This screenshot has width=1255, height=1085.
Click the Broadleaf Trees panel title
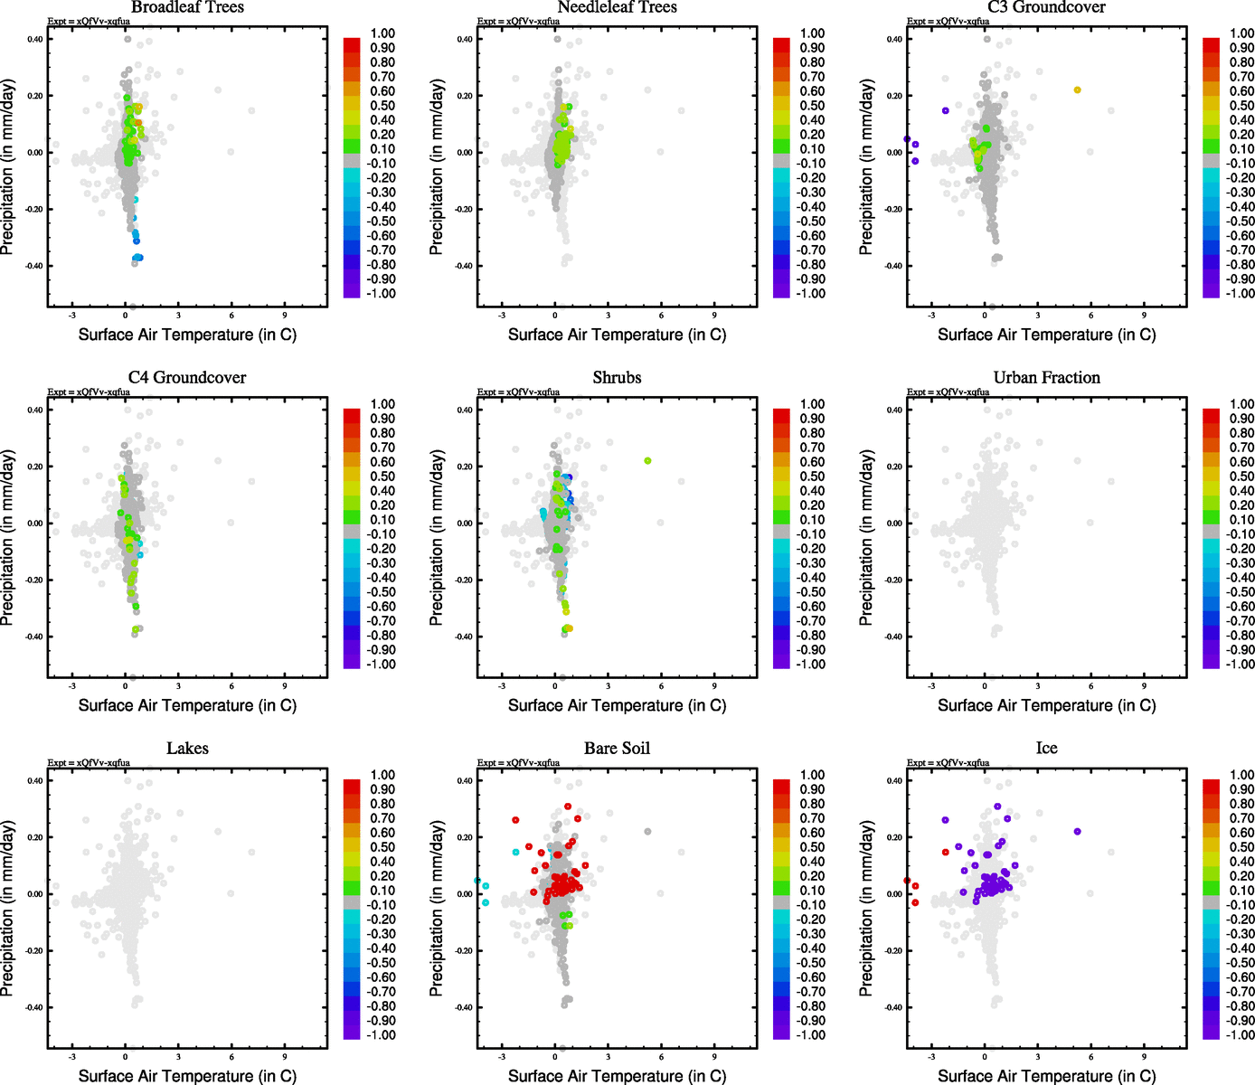coord(187,8)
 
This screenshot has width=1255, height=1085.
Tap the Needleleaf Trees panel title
coord(617,8)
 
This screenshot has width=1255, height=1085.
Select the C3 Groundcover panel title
coord(1046,8)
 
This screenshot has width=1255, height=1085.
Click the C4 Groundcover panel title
coord(187,378)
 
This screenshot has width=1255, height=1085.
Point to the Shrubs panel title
coord(617,378)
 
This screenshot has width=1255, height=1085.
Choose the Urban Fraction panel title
coord(1046,378)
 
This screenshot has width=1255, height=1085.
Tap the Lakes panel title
coord(187,749)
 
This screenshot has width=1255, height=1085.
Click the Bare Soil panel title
coord(617,749)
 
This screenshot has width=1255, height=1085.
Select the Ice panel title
coord(1046,749)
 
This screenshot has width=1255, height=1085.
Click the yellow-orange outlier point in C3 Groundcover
coord(1077,90)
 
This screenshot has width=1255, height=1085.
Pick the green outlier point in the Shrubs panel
coord(647,461)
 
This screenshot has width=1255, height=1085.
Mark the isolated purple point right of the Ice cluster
coord(1077,832)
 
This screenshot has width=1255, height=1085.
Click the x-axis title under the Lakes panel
coord(187,1076)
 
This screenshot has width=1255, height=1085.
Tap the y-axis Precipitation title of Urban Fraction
coord(866,538)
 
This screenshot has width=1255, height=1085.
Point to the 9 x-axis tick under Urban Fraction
coord(1144,686)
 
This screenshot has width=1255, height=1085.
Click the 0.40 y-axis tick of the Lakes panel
coord(34,781)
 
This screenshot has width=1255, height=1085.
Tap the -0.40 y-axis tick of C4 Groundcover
coord(33,637)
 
